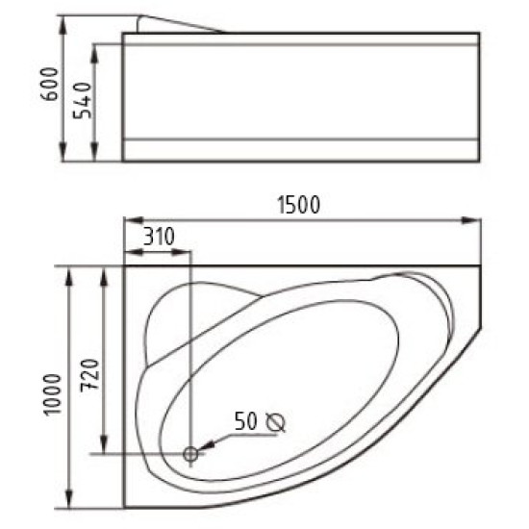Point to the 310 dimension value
click(160, 236)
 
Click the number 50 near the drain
click(246, 420)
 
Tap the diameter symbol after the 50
click(276, 421)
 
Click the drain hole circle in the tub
click(191, 453)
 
